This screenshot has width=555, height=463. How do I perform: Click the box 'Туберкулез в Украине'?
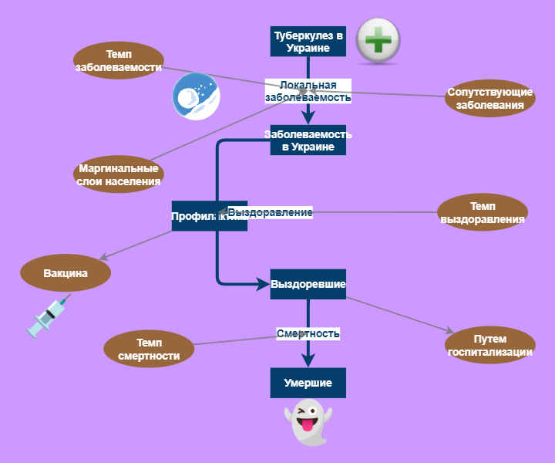click(308, 41)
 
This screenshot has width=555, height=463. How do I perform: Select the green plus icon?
click(378, 39)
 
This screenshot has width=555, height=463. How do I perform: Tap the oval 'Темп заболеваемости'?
click(118, 61)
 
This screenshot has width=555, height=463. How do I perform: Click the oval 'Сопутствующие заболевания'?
click(489, 98)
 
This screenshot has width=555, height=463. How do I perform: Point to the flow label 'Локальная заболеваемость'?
click(308, 91)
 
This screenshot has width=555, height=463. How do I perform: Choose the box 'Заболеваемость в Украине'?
click(308, 140)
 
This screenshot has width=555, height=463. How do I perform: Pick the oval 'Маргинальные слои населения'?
click(119, 175)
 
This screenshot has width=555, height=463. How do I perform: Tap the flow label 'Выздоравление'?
click(270, 212)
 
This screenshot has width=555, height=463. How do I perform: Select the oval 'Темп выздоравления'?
click(482, 212)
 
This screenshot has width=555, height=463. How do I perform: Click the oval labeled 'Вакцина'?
click(66, 273)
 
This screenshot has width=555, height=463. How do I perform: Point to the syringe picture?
click(45, 316)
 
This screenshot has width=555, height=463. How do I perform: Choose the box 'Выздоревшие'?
click(308, 284)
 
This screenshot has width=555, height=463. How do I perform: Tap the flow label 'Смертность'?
click(308, 333)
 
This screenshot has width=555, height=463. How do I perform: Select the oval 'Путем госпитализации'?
click(490, 345)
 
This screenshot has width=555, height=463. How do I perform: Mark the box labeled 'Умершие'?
click(308, 383)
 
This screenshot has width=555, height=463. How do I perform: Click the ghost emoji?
click(308, 421)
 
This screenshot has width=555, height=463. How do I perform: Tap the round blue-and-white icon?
click(196, 96)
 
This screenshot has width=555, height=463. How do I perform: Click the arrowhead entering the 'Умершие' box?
click(308, 361)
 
